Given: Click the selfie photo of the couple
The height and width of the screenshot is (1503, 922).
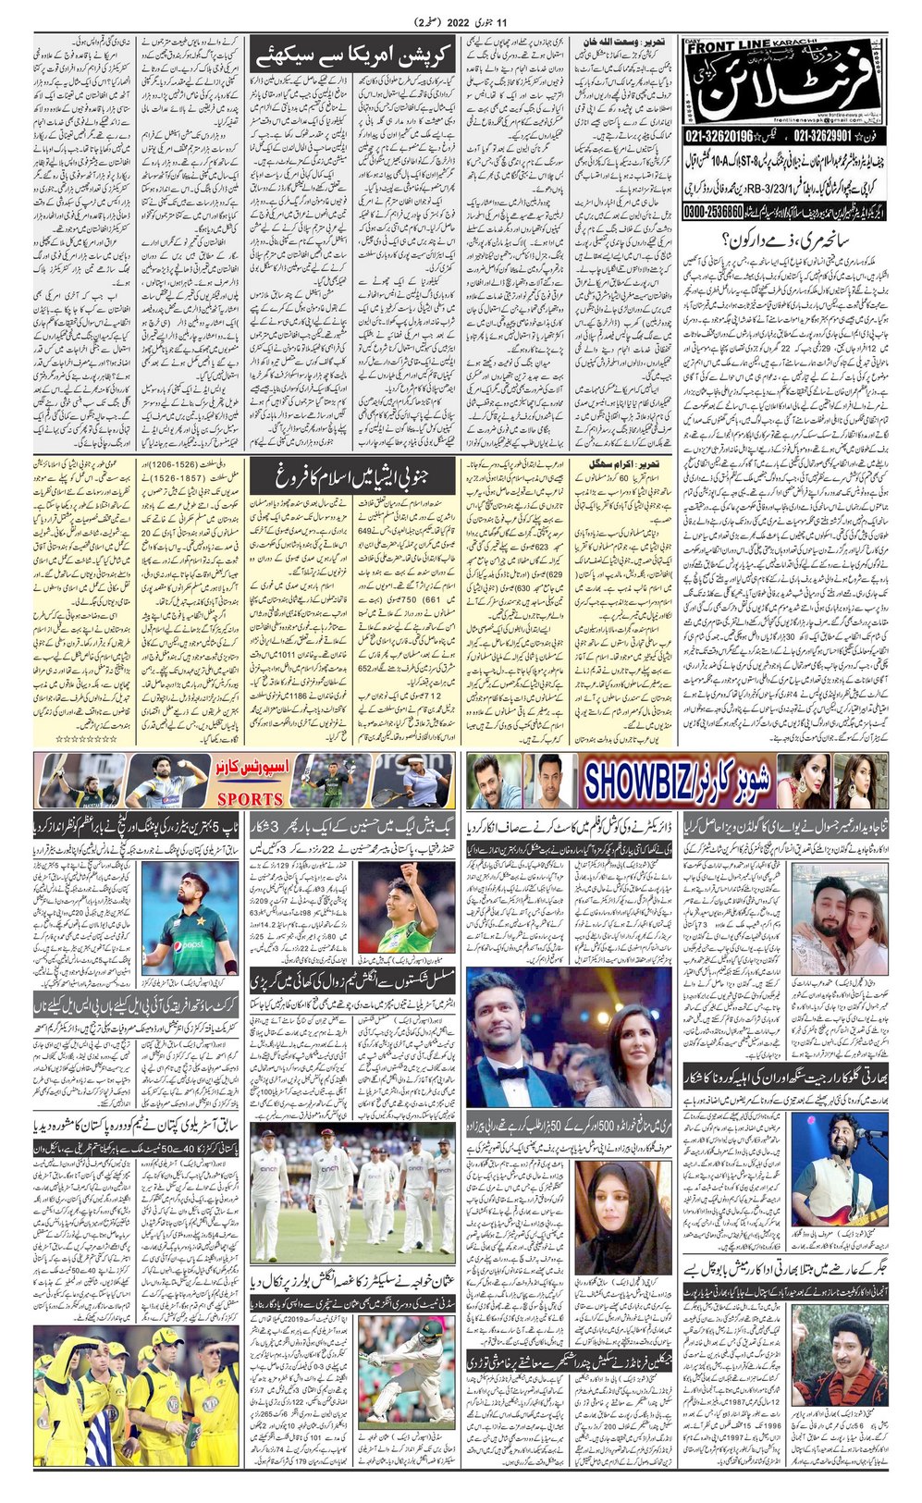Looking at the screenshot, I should click(x=833, y=918).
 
